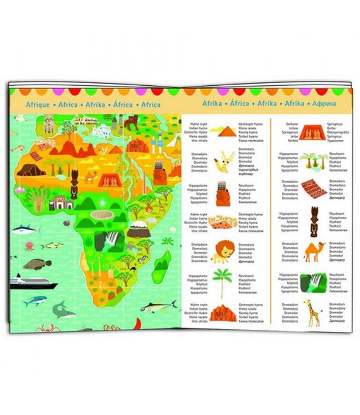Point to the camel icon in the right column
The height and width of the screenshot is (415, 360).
[x=313, y=252]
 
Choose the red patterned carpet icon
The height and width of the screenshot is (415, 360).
[x=313, y=190]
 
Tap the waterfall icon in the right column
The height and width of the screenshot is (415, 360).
[x=313, y=282]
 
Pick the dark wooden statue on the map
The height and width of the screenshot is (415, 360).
[x=73, y=187]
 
